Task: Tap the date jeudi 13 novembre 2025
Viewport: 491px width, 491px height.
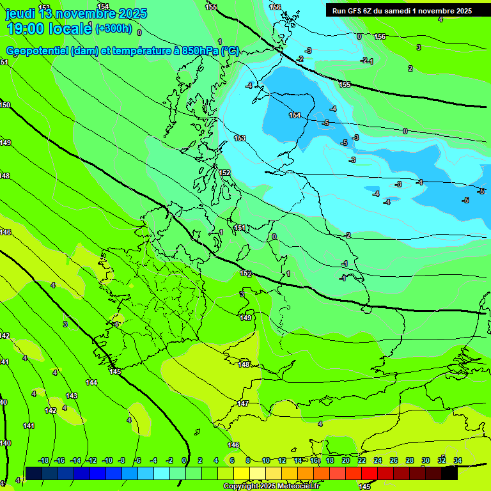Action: coord(76,13)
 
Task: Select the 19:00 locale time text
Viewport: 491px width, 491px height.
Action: coord(49,28)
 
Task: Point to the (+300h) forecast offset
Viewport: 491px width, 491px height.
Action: coord(113,28)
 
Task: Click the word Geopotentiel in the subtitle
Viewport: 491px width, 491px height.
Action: coord(38,51)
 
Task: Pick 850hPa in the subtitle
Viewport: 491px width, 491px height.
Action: coord(199,51)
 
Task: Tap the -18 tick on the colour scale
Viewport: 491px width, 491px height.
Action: coord(44,460)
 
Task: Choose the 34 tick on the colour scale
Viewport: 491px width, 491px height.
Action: coord(458,460)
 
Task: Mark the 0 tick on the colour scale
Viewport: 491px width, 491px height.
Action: coord(184,460)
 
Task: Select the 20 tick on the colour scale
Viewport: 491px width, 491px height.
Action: coord(346,460)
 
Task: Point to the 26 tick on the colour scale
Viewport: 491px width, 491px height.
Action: coord(394,460)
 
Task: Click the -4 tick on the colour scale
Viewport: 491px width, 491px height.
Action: coord(153,460)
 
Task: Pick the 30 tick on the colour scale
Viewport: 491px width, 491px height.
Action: coord(426,460)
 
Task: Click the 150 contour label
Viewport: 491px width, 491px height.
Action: coord(5,105)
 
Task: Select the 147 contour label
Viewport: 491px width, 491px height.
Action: coord(243,403)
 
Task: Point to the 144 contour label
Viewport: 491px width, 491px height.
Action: coord(92,382)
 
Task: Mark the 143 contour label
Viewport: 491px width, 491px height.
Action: coord(72,396)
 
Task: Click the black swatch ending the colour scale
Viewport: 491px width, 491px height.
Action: coord(449,473)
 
